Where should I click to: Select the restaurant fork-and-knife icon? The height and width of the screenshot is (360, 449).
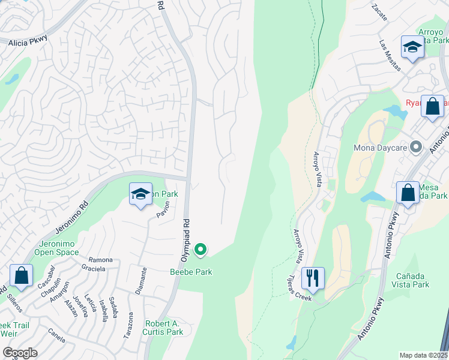coord(313,278)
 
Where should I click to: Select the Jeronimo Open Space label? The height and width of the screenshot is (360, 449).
coord(59,248)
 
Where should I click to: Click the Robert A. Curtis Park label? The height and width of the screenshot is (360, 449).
coord(163,328)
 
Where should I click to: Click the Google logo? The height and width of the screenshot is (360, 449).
coord(20,353)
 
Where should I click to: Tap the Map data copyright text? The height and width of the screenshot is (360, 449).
coord(424,355)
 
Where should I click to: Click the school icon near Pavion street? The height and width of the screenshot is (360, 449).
coord(140,194)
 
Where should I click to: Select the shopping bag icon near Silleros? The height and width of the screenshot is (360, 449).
coord(21,275)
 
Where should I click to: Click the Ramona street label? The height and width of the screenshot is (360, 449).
coord(100,260)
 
